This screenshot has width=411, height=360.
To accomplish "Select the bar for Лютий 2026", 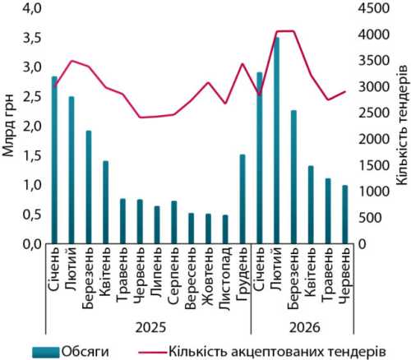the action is click(277, 141).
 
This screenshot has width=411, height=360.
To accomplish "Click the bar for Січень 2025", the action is click(54, 159).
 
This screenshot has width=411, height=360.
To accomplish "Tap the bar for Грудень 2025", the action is click(242, 199).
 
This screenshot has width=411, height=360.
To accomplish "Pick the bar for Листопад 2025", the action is click(225, 229).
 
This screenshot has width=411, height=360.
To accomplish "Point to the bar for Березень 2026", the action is click(293, 177).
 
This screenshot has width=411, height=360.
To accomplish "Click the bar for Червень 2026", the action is click(345, 215).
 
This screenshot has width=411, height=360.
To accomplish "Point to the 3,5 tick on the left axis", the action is click(32, 39).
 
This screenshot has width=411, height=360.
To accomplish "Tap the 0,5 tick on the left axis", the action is click(32, 215).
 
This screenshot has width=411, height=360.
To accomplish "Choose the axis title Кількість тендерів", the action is click(402, 125).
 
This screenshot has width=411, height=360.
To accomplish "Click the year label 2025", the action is click(151, 327).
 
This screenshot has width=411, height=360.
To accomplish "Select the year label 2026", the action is click(305, 327).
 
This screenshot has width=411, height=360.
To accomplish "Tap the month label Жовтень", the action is click(207, 276).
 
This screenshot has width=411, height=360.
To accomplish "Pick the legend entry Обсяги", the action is click(71, 351).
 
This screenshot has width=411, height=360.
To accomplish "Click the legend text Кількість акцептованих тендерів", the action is click(277, 351).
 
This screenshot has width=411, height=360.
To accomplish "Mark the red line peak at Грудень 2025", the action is click(242, 64).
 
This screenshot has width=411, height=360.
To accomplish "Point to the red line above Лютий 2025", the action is click(72, 61).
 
